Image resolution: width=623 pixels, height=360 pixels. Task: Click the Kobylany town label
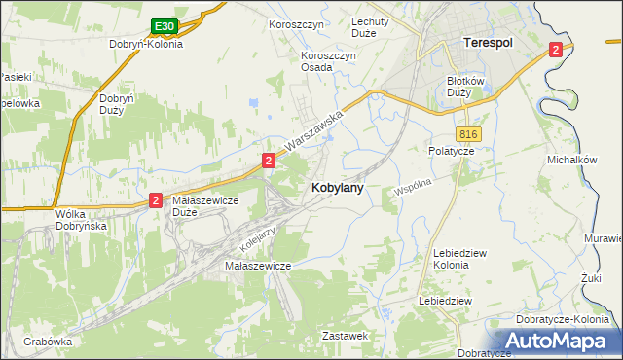[338, 189]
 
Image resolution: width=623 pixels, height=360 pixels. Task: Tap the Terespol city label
[487, 44]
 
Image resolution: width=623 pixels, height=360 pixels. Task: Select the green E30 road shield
[165, 26]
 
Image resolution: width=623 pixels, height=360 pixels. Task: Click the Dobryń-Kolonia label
[147, 44]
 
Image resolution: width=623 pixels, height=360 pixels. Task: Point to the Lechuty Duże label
[370, 27]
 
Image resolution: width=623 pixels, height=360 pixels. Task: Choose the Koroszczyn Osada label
[329, 61]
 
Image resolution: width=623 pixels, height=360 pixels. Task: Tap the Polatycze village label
[451, 152]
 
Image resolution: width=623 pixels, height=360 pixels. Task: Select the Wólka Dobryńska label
[81, 219]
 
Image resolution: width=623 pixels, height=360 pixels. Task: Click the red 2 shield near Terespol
[555, 50]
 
